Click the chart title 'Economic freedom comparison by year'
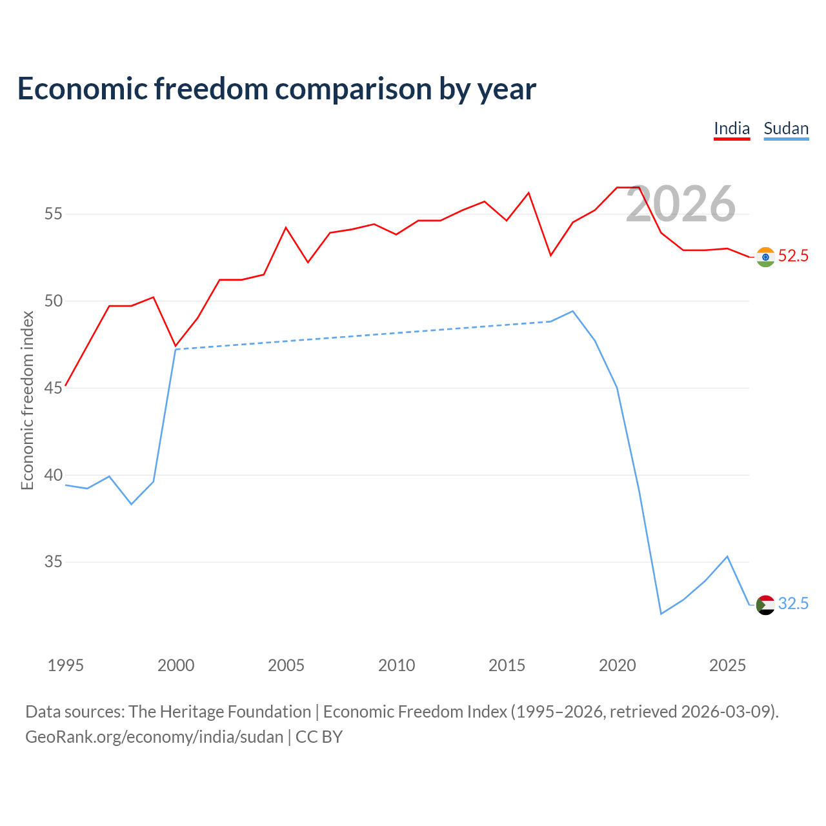click(x=276, y=89)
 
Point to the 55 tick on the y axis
click(x=54, y=214)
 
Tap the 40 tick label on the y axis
click(x=54, y=475)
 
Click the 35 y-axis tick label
click(x=54, y=561)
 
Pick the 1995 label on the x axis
click(x=66, y=665)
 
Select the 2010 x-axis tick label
click(x=396, y=665)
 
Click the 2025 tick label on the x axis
click(x=727, y=665)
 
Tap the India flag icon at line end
click(x=765, y=257)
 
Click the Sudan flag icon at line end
click(x=765, y=605)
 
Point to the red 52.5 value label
click(x=793, y=256)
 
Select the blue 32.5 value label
click(x=793, y=603)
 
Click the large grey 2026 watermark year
click(x=681, y=204)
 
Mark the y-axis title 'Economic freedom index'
click(x=28, y=400)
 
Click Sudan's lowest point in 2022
click(x=661, y=614)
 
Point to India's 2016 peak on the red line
click(x=529, y=193)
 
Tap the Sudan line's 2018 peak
click(x=573, y=311)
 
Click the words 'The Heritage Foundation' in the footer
click(x=220, y=712)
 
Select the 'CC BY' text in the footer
click(x=319, y=737)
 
